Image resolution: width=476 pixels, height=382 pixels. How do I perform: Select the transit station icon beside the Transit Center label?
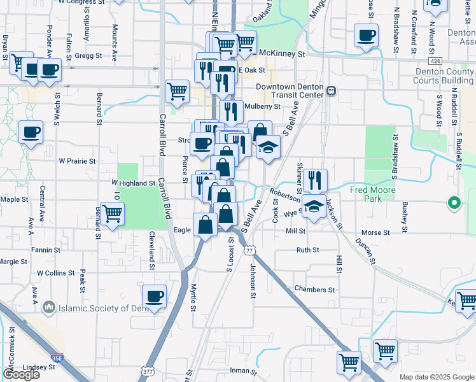point(331,91)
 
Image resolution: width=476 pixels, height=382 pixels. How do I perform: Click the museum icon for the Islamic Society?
point(49,309)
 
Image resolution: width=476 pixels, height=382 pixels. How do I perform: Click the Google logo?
point(21,374)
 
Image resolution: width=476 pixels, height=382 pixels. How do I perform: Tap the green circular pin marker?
point(454,204)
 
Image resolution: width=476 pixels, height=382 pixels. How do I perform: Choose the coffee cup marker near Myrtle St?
point(154,295)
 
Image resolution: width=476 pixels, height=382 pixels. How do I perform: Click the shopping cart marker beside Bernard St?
point(112,213)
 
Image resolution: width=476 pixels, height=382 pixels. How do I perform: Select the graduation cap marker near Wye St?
point(313,206)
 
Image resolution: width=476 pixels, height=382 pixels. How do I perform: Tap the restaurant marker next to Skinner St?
point(315,180)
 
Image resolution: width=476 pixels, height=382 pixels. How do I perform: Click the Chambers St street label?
point(314,290)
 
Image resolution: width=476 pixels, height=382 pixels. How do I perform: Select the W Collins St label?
point(56,273)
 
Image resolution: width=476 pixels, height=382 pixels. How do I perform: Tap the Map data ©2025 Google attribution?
point(436,377)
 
